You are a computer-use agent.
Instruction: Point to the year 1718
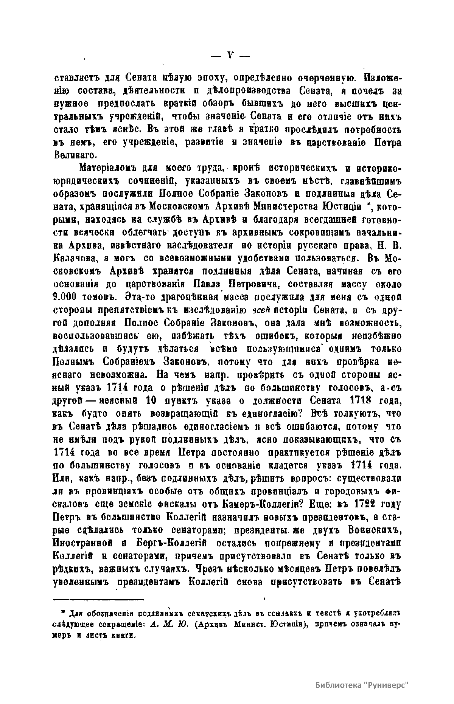[367, 400]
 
